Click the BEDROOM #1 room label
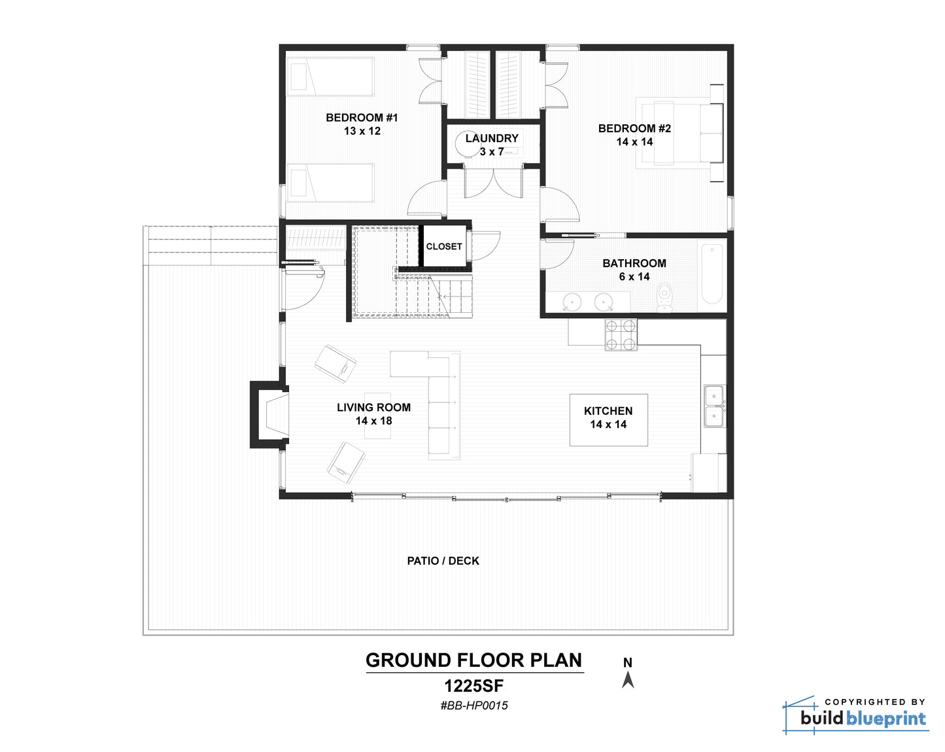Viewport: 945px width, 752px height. click(x=362, y=117)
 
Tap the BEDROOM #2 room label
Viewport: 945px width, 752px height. click(x=634, y=128)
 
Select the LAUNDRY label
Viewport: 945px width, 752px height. click(x=491, y=138)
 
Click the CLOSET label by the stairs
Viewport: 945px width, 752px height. click(x=443, y=247)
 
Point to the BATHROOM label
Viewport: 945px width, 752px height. click(x=634, y=263)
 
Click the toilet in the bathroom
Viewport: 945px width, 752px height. click(x=664, y=296)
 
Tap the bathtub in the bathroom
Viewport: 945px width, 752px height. click(x=712, y=274)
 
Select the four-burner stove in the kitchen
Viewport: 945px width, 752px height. click(x=621, y=334)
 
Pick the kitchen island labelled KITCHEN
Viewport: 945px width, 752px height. click(x=608, y=420)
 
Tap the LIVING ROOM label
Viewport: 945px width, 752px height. click(x=373, y=408)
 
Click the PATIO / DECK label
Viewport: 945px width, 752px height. click(x=443, y=561)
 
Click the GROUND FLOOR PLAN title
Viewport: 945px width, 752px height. click(x=473, y=660)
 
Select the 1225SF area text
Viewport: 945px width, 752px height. click(x=474, y=685)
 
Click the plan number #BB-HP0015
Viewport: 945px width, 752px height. click(x=474, y=706)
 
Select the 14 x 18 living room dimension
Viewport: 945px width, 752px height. click(x=373, y=421)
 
